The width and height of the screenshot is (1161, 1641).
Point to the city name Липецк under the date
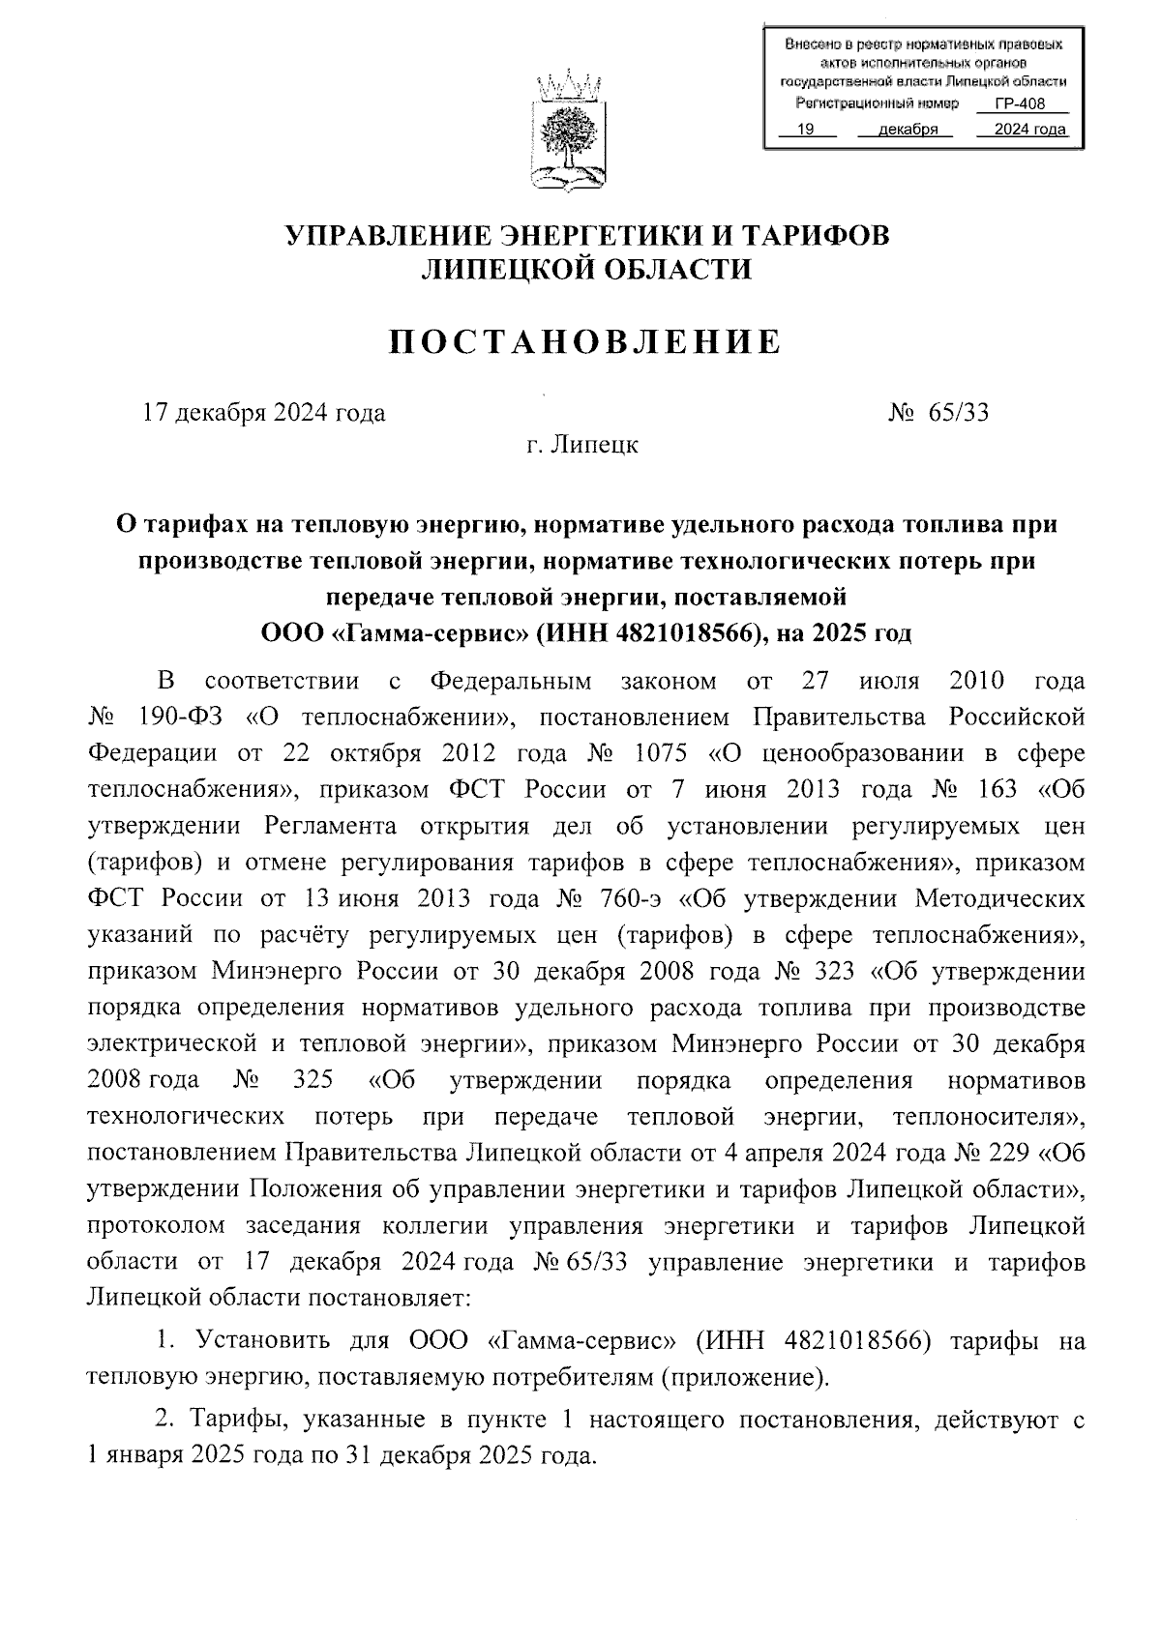(594, 446)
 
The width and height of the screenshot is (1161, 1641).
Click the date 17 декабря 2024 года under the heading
(263, 413)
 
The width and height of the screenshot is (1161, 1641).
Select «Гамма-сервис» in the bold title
(430, 633)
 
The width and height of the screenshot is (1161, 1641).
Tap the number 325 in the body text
(312, 1080)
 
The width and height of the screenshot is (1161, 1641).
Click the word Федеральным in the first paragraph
(510, 681)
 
